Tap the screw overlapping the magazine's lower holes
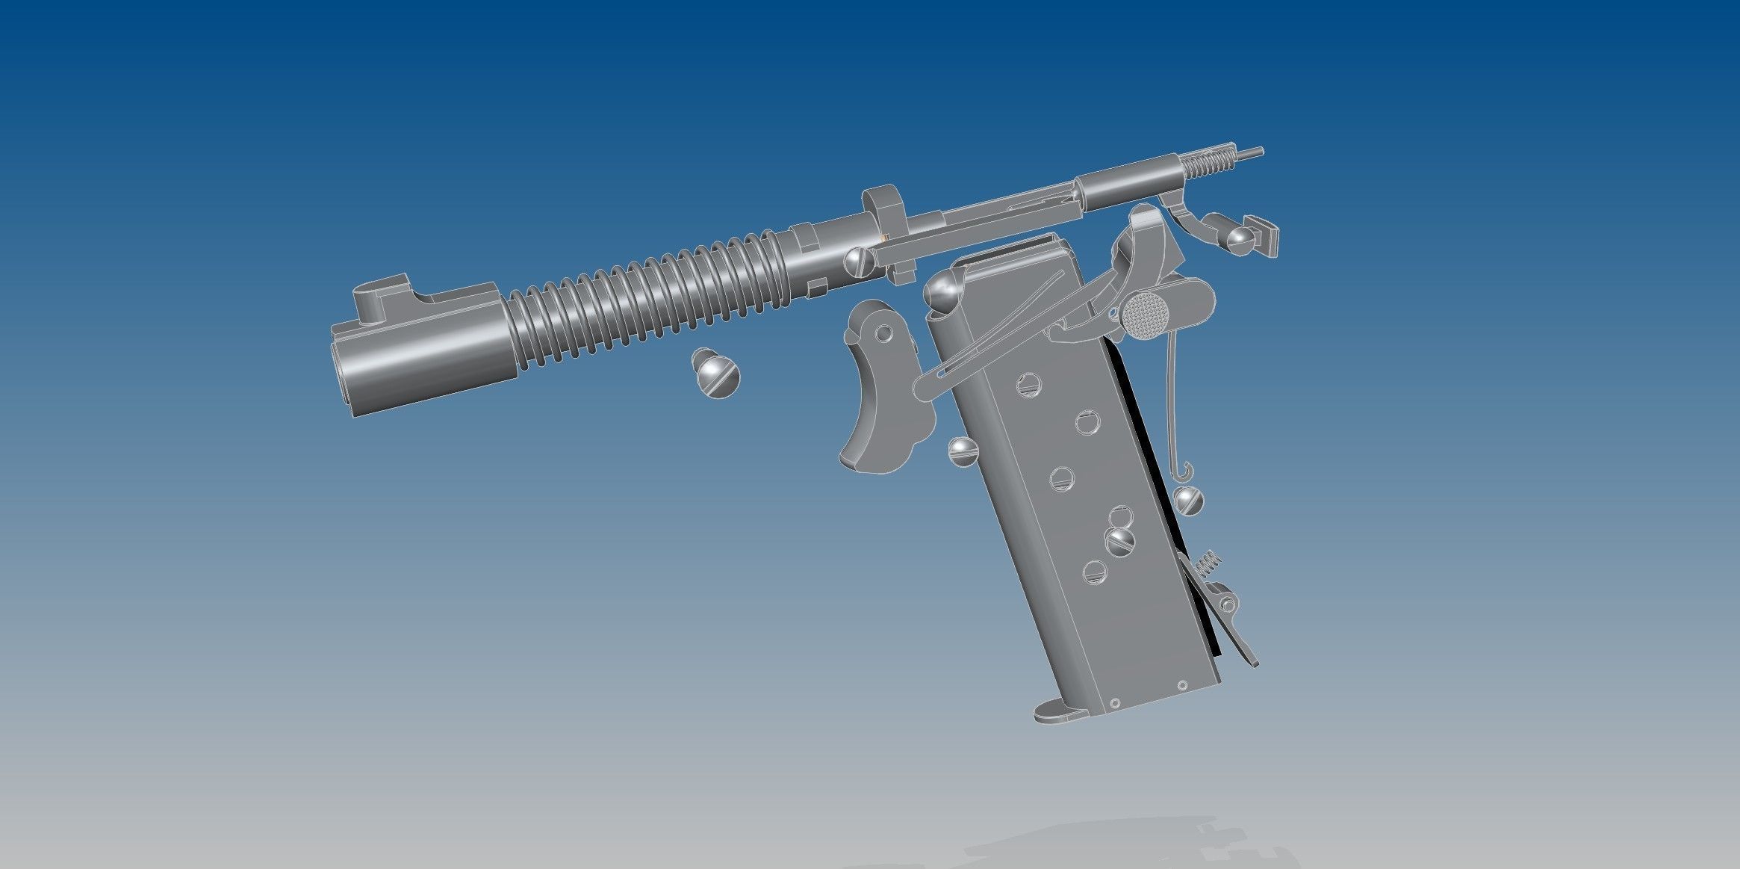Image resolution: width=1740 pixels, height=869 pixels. click(1120, 541)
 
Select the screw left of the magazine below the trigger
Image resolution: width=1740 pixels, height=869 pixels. click(963, 451)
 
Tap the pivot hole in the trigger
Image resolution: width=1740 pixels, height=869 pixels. click(885, 332)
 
